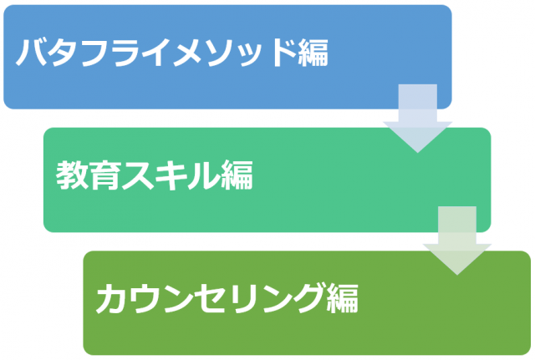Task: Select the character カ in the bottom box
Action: coord(112,298)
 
